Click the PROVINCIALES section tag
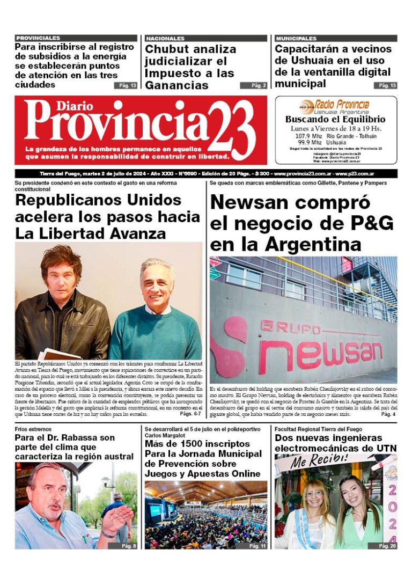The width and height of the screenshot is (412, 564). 38,39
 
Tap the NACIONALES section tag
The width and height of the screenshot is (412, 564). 165,39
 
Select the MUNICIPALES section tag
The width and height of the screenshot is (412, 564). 296,39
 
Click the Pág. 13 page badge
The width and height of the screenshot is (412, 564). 125,85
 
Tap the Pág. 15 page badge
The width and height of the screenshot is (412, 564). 385,85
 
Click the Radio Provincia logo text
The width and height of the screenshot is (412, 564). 342,104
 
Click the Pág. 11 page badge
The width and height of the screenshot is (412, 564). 256,546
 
